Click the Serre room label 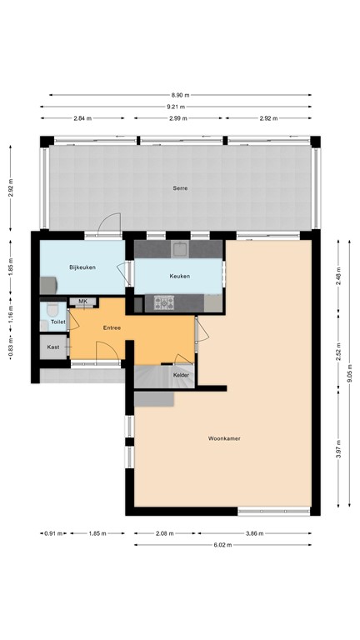[180, 188]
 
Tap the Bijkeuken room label [83, 267]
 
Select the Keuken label [179, 276]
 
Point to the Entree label [112, 327]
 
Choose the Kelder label [181, 376]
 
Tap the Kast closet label [53, 347]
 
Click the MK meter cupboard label [82, 301]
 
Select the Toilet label [57, 321]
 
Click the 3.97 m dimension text [338, 454]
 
